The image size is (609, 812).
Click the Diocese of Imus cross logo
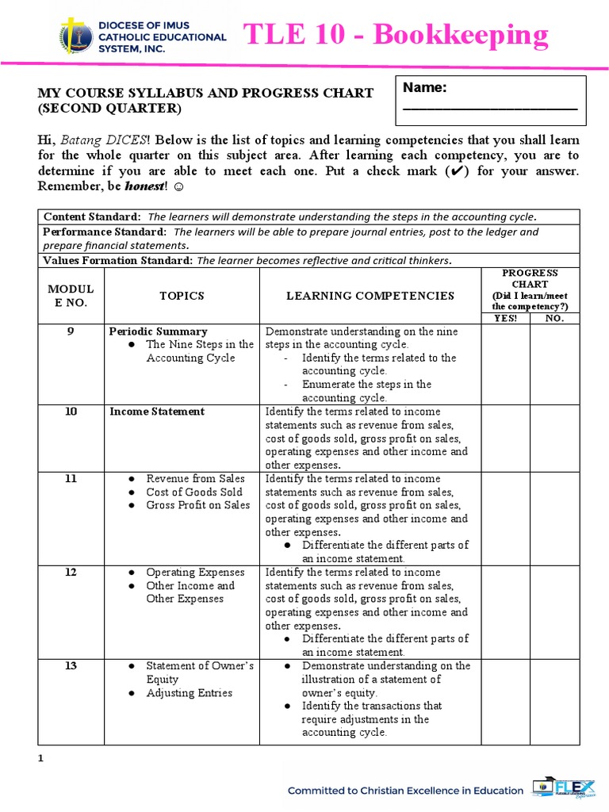point(74,36)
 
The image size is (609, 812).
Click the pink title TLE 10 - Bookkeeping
point(396,35)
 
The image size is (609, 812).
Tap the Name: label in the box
point(425,88)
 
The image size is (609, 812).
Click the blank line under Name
point(490,108)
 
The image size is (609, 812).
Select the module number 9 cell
point(71,331)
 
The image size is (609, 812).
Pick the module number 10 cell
point(71,412)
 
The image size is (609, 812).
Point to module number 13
point(71,666)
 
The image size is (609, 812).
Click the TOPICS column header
point(182,296)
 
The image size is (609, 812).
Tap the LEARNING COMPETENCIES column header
point(370,296)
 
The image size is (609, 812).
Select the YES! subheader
point(505,319)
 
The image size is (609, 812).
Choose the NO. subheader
point(555,319)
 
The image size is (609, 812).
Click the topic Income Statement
point(157,412)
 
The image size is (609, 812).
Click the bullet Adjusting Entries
point(189,693)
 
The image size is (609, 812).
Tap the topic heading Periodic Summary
point(159,331)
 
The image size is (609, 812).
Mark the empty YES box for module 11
point(505,518)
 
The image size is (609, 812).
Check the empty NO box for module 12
point(555,611)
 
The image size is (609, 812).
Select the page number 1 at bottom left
point(40,759)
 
